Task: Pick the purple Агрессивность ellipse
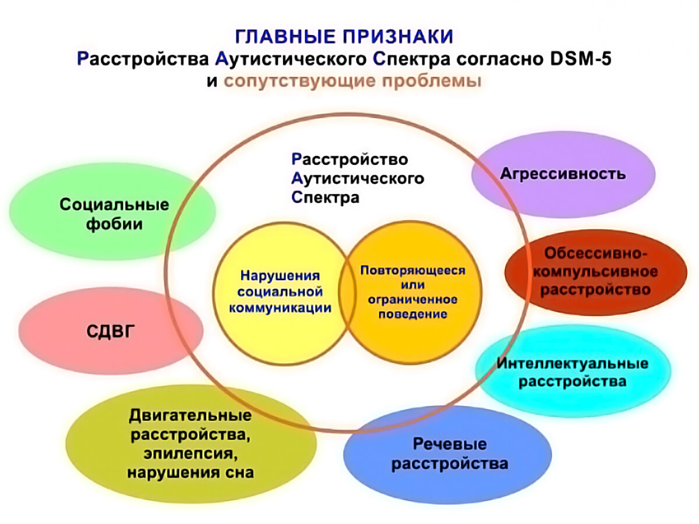[563, 174]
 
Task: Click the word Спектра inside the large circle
[325, 197]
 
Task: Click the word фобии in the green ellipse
[114, 224]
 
